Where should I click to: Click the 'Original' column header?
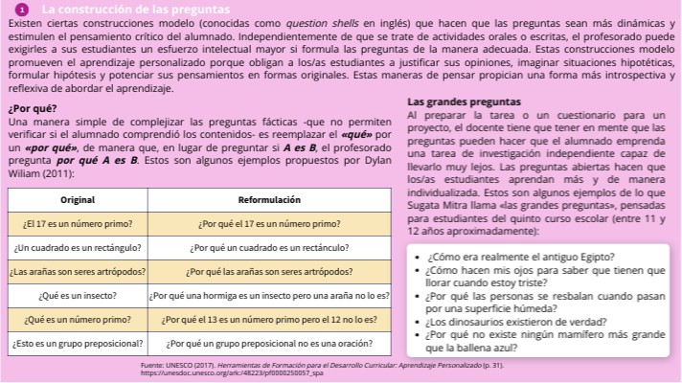pos(77,199)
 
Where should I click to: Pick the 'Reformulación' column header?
pos(269,199)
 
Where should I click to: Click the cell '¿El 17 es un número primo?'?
pos(77,223)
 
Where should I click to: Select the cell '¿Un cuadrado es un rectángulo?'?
pos(77,246)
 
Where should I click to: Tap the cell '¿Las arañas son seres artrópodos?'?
pos(77,270)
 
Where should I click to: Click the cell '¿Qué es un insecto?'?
pos(77,294)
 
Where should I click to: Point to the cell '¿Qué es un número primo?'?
pos(77,318)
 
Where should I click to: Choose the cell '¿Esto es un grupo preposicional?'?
pos(77,341)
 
